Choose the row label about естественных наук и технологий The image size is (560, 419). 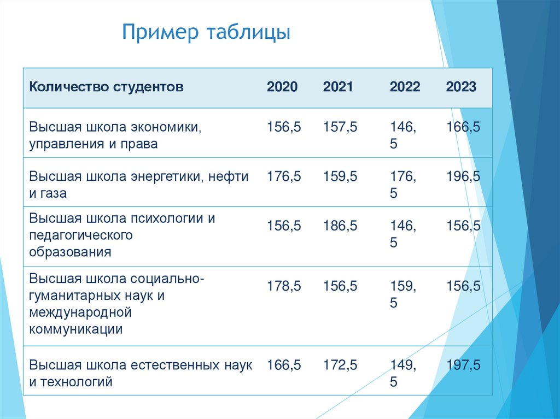tap(141, 373)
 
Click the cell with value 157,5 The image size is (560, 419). tap(340, 127)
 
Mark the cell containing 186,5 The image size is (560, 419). tap(340, 226)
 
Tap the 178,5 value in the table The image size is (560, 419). tap(284, 286)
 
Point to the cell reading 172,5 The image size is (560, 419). tap(340, 365)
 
